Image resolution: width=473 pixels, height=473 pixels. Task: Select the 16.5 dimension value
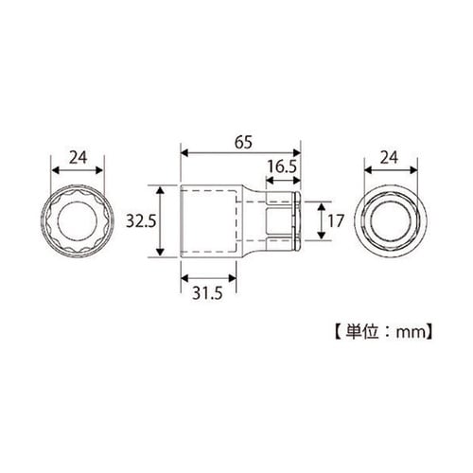click(282, 166)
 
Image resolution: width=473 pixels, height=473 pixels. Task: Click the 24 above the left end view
click(79, 158)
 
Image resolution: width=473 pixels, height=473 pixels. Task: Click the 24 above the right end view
click(394, 158)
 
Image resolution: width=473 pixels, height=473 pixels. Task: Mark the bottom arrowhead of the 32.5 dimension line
click(162, 259)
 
